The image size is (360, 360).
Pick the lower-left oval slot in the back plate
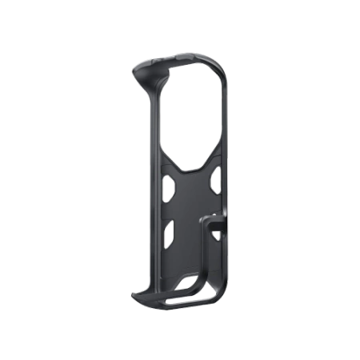(169, 233)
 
